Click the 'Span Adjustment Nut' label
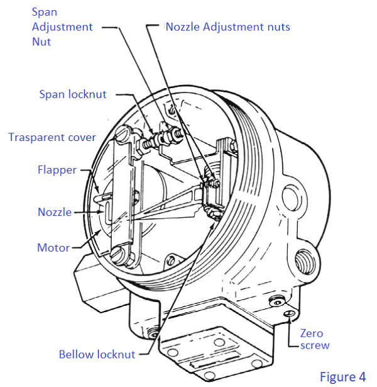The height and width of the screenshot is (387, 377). (62, 28)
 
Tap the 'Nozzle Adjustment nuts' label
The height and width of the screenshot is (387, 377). (227, 27)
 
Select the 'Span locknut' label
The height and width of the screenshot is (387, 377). (73, 94)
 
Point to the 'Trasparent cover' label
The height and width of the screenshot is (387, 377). (52, 137)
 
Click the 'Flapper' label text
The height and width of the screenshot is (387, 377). (57, 169)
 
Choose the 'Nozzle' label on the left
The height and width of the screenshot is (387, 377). (54, 212)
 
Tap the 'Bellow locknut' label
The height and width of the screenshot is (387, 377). (97, 354)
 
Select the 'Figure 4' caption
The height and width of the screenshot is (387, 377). (342, 376)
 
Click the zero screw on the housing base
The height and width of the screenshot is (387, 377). (288, 313)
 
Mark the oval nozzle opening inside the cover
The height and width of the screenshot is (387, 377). (107, 208)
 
